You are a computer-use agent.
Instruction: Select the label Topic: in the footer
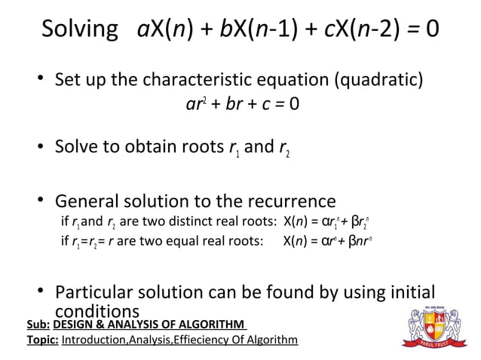pos(42,340)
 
